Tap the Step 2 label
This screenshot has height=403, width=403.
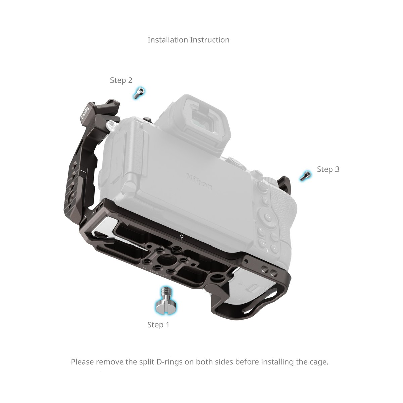pos(121,80)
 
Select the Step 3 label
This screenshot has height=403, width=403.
pos(328,169)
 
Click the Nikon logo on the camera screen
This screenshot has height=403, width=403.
pos(199,181)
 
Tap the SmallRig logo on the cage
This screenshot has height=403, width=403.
pos(85,113)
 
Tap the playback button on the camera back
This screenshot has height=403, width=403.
pos(274,249)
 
